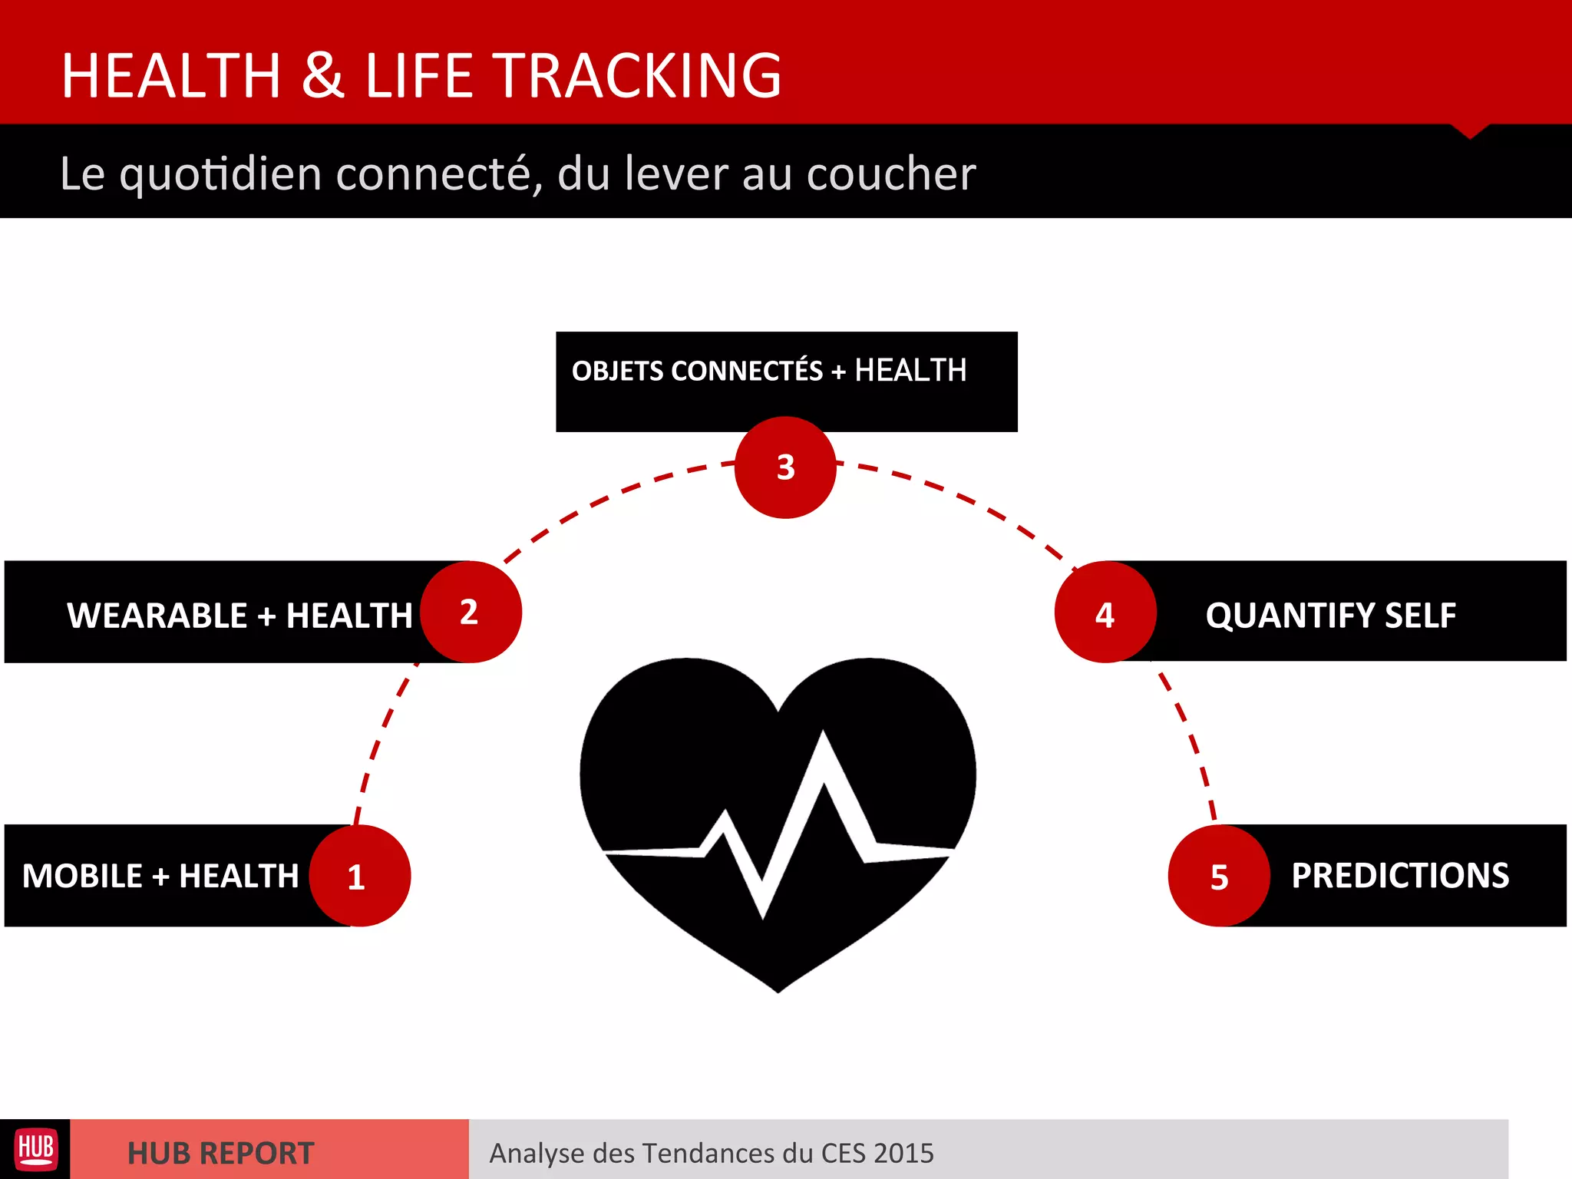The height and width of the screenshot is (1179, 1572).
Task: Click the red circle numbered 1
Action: click(359, 876)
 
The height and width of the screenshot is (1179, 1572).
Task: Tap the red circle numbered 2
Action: click(471, 612)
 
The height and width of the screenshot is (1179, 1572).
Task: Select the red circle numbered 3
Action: click(785, 467)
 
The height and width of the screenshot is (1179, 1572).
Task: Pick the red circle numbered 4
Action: click(1105, 613)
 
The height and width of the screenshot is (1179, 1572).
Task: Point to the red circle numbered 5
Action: click(1219, 876)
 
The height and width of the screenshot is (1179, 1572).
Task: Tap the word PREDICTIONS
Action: click(1400, 876)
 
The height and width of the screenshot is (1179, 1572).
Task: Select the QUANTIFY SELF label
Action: click(1330, 615)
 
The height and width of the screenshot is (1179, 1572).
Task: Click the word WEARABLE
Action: click(157, 616)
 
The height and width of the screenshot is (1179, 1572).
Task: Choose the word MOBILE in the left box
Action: click(82, 876)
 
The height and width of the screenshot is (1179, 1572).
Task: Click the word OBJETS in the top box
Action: click(618, 372)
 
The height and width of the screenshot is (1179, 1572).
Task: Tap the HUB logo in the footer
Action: click(35, 1149)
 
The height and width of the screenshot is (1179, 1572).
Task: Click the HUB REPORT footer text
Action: click(220, 1153)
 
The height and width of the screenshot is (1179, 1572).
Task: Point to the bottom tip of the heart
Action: click(778, 989)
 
